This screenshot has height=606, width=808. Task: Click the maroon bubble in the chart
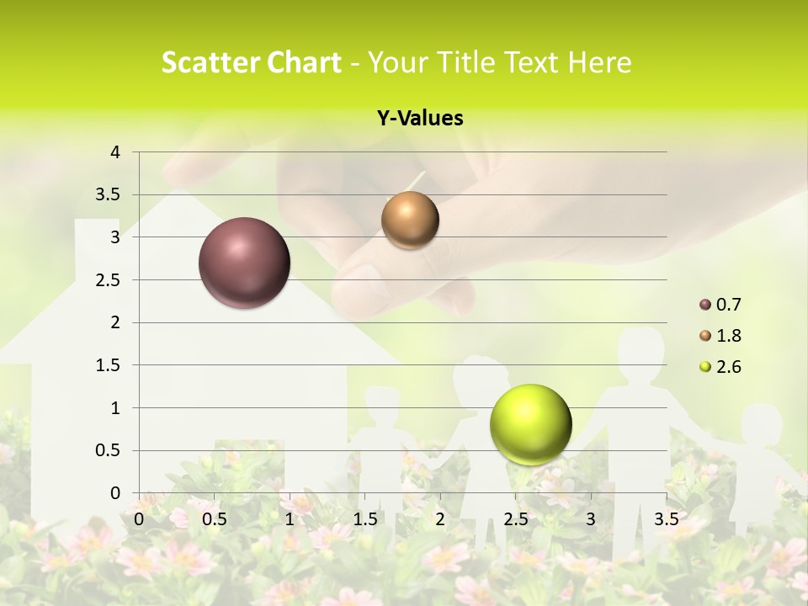244,263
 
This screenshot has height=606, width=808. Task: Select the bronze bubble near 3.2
410,221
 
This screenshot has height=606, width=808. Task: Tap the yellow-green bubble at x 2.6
530,424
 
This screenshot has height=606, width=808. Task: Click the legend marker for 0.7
705,305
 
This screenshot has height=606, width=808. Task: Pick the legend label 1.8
728,336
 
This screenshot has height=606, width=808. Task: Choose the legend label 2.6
728,367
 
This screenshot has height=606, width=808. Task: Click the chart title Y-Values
419,119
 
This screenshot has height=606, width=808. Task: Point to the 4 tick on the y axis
116,152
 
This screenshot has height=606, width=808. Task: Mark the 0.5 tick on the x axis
215,518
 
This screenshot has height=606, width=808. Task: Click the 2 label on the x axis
440,518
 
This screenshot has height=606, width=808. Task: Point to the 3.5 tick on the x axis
666,518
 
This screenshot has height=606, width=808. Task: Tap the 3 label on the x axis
591,518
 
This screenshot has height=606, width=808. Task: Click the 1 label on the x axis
290,518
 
